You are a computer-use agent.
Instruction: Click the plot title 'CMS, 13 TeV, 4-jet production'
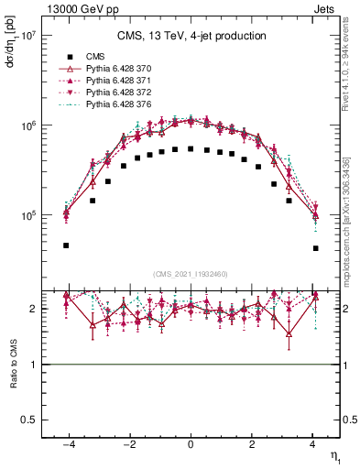[191, 37]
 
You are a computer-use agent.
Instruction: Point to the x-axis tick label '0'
[191, 442]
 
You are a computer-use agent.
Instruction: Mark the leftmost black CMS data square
[66, 245]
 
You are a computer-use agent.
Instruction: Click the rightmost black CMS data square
[315, 248]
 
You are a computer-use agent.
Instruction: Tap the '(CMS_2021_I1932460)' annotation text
[191, 274]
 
